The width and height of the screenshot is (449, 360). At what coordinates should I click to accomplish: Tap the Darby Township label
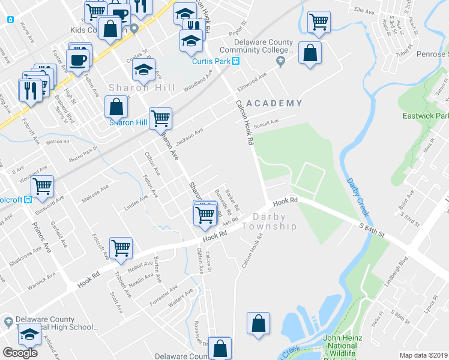(270, 221)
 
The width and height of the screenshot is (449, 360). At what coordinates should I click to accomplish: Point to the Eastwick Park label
(426, 115)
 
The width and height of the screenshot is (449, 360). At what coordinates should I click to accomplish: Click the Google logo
(20, 353)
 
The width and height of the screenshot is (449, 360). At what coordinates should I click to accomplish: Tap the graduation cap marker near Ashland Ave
(29, 334)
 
